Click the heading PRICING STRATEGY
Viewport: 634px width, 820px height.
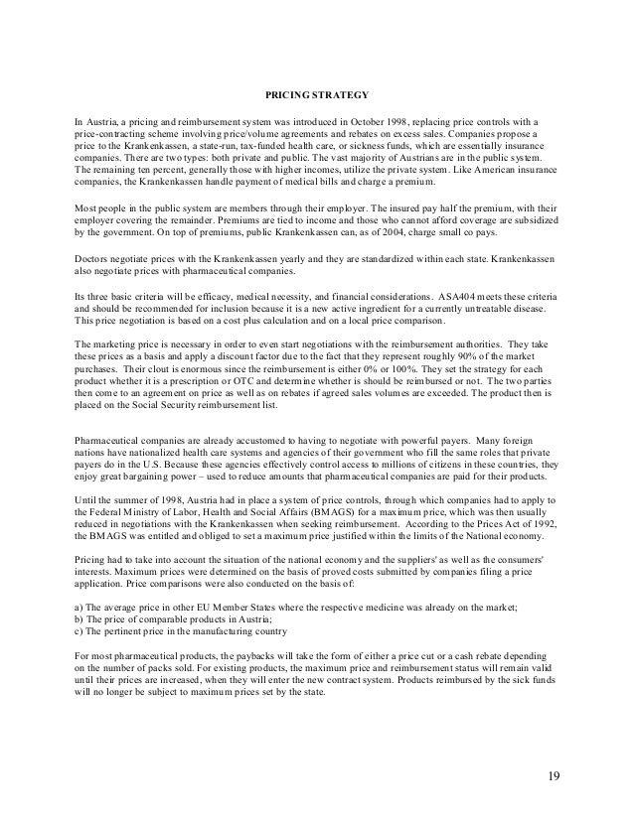(316, 96)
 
